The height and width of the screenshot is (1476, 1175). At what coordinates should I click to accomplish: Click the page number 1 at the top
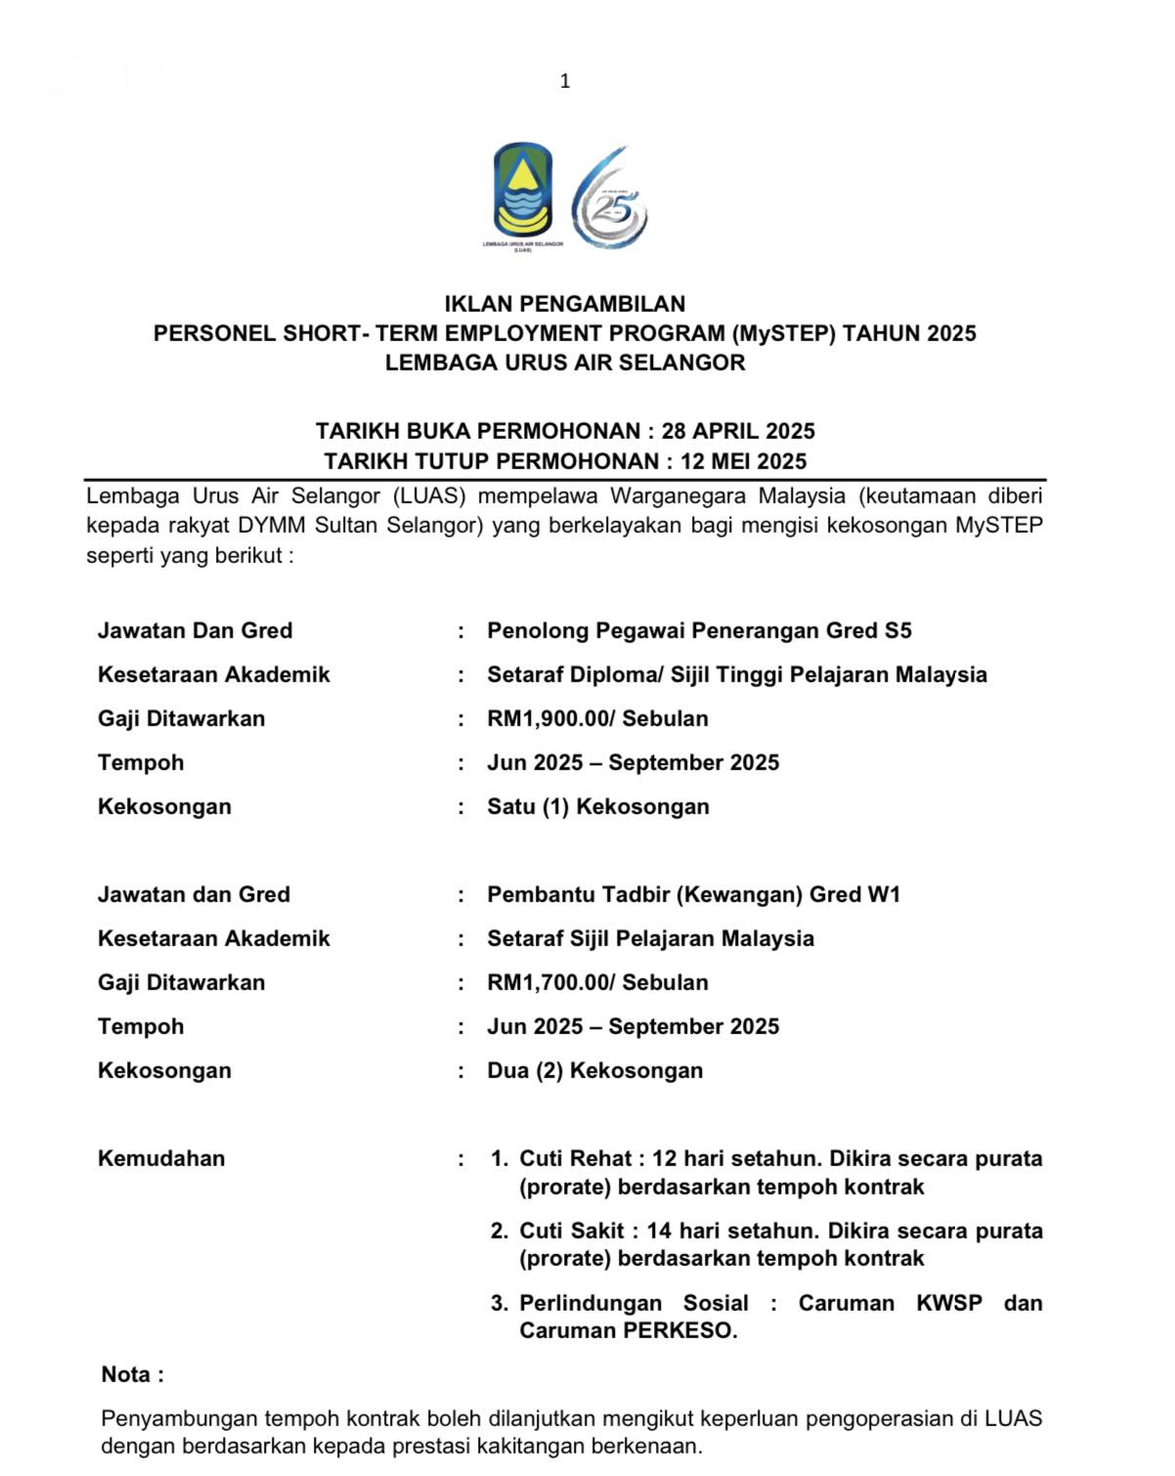[565, 81]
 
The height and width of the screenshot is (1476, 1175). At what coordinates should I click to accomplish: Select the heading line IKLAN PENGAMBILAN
[565, 304]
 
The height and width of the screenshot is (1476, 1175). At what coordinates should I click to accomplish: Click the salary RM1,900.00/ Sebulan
[597, 718]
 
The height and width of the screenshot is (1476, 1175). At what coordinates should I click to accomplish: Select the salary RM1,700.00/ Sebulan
[597, 982]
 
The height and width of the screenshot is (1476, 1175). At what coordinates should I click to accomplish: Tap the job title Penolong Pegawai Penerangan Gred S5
[699, 630]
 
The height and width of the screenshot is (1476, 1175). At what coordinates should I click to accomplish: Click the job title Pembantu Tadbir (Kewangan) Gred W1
[693, 894]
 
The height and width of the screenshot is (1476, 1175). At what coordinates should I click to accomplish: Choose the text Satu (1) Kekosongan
[598, 806]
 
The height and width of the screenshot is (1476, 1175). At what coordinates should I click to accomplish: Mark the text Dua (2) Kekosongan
[594, 1070]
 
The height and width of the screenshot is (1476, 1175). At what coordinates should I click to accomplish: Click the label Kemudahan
[161, 1158]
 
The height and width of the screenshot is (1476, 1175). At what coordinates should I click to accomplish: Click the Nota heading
[132, 1374]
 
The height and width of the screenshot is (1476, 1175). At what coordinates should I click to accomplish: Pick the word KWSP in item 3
[948, 1303]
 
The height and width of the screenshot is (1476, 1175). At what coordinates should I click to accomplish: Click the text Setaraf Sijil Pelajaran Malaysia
[650, 938]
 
